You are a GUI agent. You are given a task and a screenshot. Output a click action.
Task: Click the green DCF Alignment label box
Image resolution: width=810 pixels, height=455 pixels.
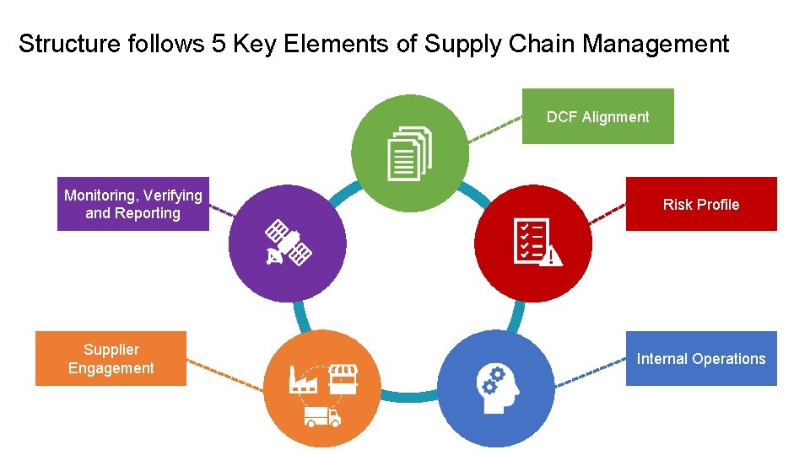click(597, 116)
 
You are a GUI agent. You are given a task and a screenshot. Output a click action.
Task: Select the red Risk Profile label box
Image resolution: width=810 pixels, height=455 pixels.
click(700, 204)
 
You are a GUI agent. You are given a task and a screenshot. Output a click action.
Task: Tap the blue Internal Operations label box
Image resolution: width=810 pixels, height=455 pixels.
click(700, 358)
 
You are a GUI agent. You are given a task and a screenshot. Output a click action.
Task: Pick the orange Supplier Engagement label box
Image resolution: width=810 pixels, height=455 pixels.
click(111, 358)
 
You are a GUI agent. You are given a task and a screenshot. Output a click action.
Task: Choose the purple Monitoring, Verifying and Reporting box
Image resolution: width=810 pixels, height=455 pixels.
click(132, 204)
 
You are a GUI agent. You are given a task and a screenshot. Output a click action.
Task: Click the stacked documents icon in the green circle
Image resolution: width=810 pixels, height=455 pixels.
click(409, 153)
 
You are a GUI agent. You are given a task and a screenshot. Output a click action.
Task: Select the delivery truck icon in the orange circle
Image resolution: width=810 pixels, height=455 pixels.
click(323, 415)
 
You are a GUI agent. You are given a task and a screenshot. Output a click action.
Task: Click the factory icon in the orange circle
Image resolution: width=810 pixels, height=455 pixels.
click(302, 379)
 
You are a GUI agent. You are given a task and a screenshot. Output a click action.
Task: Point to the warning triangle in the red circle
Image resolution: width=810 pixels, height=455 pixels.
click(552, 255)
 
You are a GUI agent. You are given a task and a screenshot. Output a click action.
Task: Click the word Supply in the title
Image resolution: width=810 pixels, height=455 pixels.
click(460, 44)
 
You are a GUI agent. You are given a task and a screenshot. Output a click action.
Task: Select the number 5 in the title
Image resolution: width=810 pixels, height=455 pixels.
click(218, 43)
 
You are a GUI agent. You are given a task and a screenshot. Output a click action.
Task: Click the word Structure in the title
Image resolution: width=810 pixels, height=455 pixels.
click(70, 43)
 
